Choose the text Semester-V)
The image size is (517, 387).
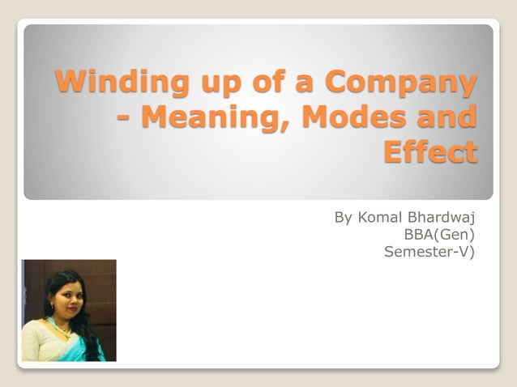point(429,252)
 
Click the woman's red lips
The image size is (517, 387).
point(66,310)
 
